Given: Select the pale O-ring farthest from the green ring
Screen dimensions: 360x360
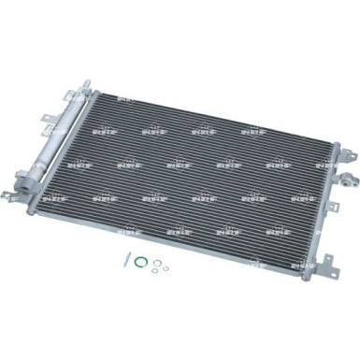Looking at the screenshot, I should pyautogui.click(x=166, y=270).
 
